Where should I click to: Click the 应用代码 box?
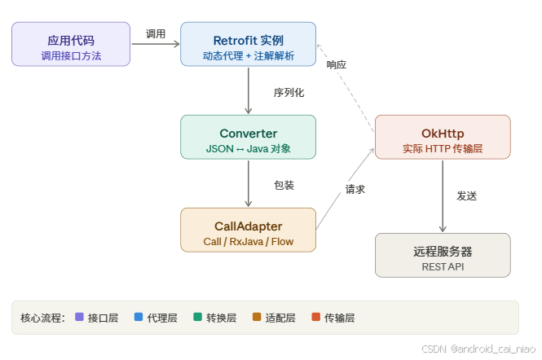(x=71, y=44)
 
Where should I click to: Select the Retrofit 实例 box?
(x=248, y=44)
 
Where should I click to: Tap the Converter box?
(x=248, y=137)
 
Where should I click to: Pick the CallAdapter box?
(x=248, y=230)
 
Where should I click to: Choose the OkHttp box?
(x=443, y=137)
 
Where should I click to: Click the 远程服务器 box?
(x=443, y=256)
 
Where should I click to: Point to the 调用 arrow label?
(x=155, y=34)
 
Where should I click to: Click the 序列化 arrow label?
(x=289, y=93)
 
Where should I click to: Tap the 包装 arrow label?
(x=284, y=186)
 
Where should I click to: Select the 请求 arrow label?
(x=355, y=189)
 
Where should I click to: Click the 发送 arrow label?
(x=466, y=196)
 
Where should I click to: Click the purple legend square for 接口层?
(x=79, y=318)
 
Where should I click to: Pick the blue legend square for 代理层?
(x=138, y=318)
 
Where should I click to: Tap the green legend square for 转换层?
(x=197, y=318)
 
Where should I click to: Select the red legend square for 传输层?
(x=315, y=318)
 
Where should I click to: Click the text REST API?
(x=443, y=266)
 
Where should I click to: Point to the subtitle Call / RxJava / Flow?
(x=248, y=242)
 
